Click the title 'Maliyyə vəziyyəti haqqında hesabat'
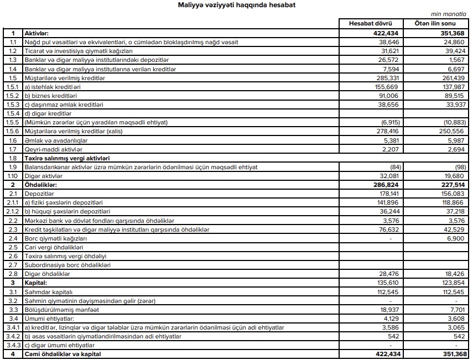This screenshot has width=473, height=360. pos(236,5)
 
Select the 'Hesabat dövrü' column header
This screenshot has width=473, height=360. pos(370,24)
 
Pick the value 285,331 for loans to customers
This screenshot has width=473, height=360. pos(387,78)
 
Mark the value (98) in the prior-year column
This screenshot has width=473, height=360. pos(459,167)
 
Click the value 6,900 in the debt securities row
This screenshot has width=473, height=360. pos(458,238)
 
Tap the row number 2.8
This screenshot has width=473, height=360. pos(13,274)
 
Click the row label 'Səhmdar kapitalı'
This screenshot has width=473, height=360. pos(48,292)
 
